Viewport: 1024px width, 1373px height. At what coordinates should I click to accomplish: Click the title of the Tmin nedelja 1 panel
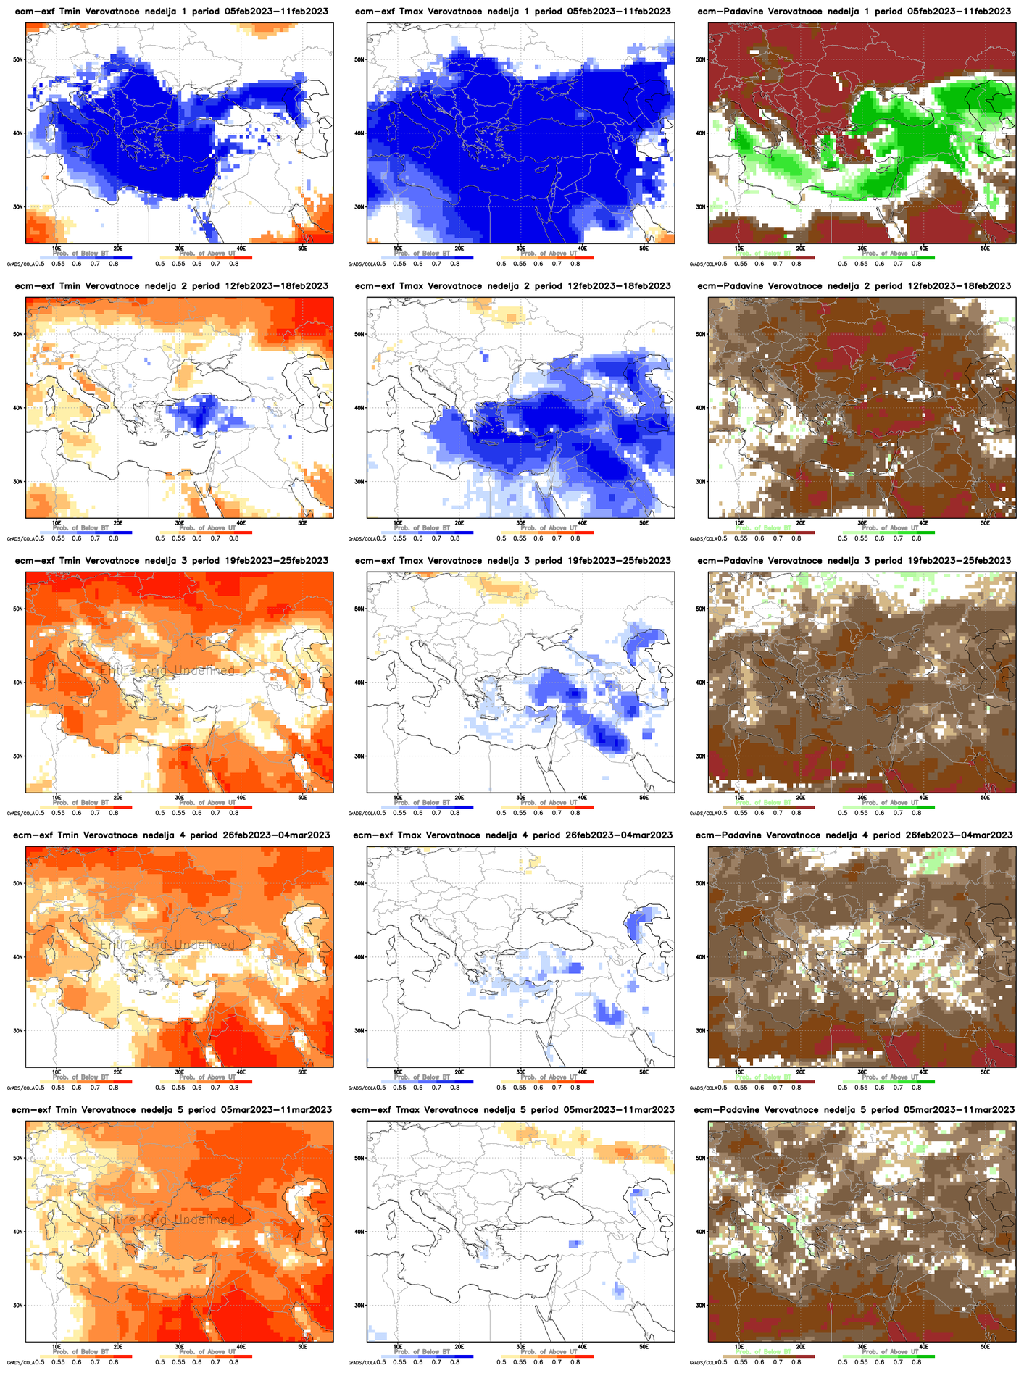(171, 12)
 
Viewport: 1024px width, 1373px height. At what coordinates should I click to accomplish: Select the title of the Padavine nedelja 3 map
(854, 561)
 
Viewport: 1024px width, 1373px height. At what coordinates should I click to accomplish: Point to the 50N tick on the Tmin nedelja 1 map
(19, 60)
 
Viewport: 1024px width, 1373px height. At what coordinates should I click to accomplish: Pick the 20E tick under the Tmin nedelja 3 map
(118, 797)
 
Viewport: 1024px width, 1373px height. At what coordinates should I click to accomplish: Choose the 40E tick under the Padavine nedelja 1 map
(923, 248)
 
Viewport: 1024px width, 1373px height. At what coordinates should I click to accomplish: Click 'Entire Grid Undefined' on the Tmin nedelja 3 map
(167, 671)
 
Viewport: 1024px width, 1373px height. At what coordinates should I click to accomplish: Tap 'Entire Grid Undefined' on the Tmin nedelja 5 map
(167, 1220)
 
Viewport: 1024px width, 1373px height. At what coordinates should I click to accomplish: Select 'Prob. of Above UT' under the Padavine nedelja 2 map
(888, 528)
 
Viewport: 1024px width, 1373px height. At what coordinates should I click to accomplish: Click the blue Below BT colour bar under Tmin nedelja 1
(86, 258)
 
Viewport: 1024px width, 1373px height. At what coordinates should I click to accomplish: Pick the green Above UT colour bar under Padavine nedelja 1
(888, 258)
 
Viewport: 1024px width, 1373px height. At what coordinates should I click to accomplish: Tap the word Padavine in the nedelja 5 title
(739, 1110)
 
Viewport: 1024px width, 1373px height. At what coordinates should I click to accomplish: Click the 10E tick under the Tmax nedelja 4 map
(397, 1072)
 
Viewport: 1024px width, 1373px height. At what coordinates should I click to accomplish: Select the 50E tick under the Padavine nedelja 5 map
(985, 1346)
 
